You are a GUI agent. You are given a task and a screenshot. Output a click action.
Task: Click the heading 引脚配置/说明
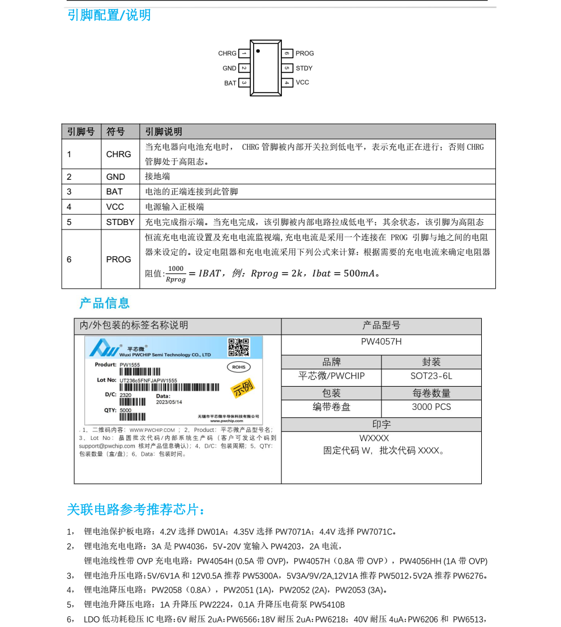pyautogui.click(x=109, y=15)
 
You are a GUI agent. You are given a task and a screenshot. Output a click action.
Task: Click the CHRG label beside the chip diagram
pyautogui.click(x=227, y=54)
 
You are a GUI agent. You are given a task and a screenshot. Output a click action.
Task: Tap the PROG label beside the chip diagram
pyautogui.click(x=305, y=54)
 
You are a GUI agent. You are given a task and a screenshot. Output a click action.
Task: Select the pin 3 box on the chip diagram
pyautogui.click(x=244, y=83)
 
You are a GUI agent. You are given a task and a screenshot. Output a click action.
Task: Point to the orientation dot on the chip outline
pyautogui.click(x=258, y=51)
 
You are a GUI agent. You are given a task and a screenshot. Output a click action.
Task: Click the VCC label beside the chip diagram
pyautogui.click(x=302, y=83)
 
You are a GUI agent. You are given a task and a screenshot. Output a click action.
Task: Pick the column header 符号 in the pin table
pyautogui.click(x=115, y=132)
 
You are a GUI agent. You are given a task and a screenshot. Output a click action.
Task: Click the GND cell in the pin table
pyautogui.click(x=115, y=176)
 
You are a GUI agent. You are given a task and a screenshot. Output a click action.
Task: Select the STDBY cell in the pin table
pyautogui.click(x=120, y=222)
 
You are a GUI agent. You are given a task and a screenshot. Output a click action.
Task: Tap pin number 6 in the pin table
pyautogui.click(x=69, y=260)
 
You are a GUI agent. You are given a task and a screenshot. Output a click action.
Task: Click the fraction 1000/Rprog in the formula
pyautogui.click(x=176, y=274)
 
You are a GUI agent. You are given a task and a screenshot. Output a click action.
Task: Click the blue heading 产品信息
pyautogui.click(x=105, y=303)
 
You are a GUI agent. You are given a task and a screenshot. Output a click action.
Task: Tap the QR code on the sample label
pyautogui.click(x=238, y=347)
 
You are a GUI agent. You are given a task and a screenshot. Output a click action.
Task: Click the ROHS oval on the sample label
pyautogui.click(x=238, y=367)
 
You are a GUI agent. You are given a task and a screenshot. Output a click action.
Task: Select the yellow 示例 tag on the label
pyautogui.click(x=243, y=388)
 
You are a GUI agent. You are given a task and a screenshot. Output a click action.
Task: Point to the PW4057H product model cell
pyautogui.click(x=381, y=342)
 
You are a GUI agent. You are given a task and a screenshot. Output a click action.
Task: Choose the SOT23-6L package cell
pyautogui.click(x=431, y=376)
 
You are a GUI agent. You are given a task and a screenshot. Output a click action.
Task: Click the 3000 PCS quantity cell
pyautogui.click(x=431, y=407)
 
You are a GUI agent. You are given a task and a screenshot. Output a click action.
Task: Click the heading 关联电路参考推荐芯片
pyautogui.click(x=136, y=510)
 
